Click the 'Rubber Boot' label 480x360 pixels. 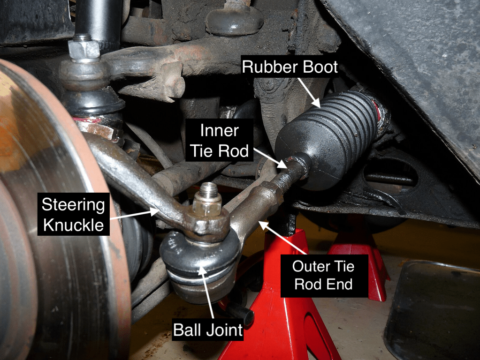click(x=290, y=67)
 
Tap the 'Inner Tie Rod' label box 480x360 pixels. click(x=219, y=141)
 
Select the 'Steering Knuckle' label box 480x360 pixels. click(x=74, y=214)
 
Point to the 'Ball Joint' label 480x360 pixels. click(x=208, y=330)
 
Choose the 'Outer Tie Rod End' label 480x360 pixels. click(x=324, y=276)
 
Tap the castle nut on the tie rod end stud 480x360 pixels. click(x=207, y=206)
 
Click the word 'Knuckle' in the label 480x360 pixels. click(x=74, y=225)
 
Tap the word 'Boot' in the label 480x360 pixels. click(x=320, y=67)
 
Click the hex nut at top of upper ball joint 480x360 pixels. click(x=84, y=49)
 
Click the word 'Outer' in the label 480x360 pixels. click(x=309, y=266)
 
